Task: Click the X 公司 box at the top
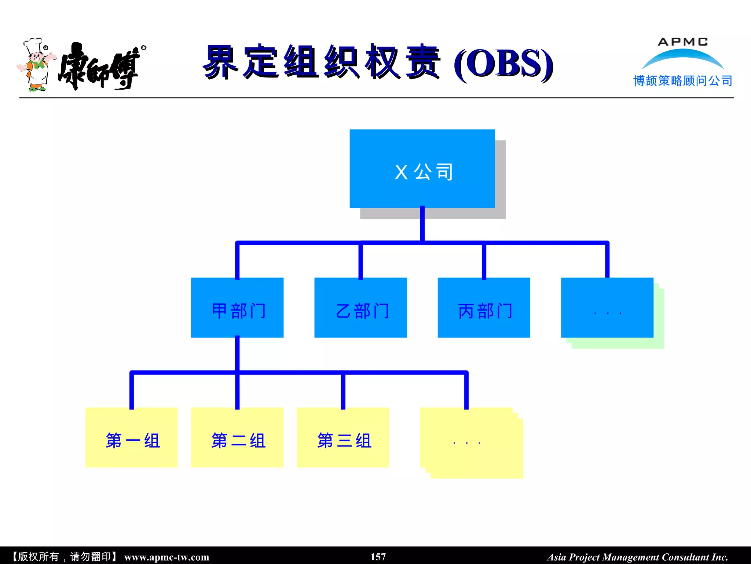click(422, 169)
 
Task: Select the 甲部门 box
click(237, 308)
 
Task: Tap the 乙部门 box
click(360, 308)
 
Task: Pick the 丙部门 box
click(484, 308)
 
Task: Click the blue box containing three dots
click(607, 308)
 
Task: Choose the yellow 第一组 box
click(131, 437)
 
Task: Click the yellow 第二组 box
click(237, 437)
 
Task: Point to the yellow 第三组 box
click(343, 437)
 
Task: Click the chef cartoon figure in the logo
click(36, 65)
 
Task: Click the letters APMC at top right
click(682, 42)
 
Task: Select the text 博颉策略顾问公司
click(682, 81)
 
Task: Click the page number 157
click(378, 557)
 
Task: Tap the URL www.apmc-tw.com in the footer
click(166, 557)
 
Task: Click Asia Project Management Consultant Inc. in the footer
click(637, 557)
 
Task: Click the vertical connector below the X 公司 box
click(422, 224)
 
